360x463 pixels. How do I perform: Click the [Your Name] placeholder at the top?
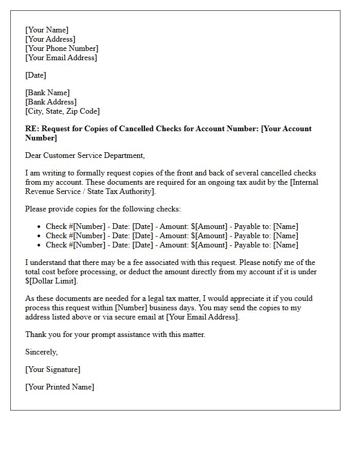point(47,30)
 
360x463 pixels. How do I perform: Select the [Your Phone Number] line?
point(62,48)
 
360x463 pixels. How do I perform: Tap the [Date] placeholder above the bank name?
point(35,75)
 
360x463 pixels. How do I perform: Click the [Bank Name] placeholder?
point(47,93)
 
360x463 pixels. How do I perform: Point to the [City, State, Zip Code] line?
point(62,111)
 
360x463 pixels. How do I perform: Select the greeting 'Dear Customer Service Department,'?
point(85,155)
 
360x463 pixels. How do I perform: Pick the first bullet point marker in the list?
point(39,227)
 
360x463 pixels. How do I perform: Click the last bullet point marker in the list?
point(39,245)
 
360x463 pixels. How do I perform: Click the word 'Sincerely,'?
point(42,352)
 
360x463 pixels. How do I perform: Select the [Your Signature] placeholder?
point(52,369)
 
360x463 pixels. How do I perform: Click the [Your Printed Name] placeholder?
point(60,387)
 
